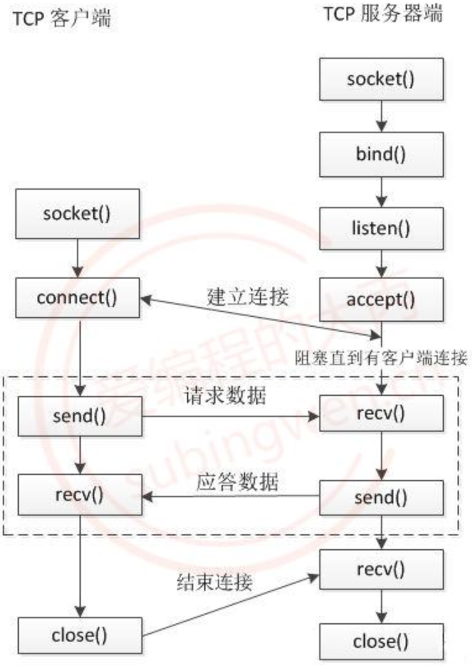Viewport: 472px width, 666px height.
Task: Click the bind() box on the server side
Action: coord(381,154)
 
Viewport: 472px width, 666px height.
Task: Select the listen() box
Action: coord(381,229)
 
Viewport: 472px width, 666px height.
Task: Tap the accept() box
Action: coord(381,300)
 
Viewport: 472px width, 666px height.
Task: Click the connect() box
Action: coord(77,298)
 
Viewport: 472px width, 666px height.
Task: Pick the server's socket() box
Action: coord(381,79)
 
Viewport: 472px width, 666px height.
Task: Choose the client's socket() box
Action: coord(77,214)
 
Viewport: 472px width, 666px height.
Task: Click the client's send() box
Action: coord(80,417)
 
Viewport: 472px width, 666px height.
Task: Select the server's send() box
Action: coord(381,498)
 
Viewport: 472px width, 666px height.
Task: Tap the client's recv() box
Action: coord(80,496)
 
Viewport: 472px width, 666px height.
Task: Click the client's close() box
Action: coord(80,636)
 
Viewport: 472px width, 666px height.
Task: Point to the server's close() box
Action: coord(381,641)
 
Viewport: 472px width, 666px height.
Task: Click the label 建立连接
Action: coord(248,296)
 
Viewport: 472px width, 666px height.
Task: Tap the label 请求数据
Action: coord(225,396)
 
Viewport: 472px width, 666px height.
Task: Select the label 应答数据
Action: coord(237,482)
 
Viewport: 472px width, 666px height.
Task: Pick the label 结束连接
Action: coord(215,582)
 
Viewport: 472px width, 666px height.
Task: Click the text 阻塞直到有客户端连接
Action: coord(381,358)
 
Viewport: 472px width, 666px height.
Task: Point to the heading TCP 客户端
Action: coord(62,19)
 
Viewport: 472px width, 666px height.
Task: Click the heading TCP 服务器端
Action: coord(383,14)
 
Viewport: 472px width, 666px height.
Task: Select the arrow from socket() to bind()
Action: coord(381,116)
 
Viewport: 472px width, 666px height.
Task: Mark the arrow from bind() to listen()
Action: coord(381,192)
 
